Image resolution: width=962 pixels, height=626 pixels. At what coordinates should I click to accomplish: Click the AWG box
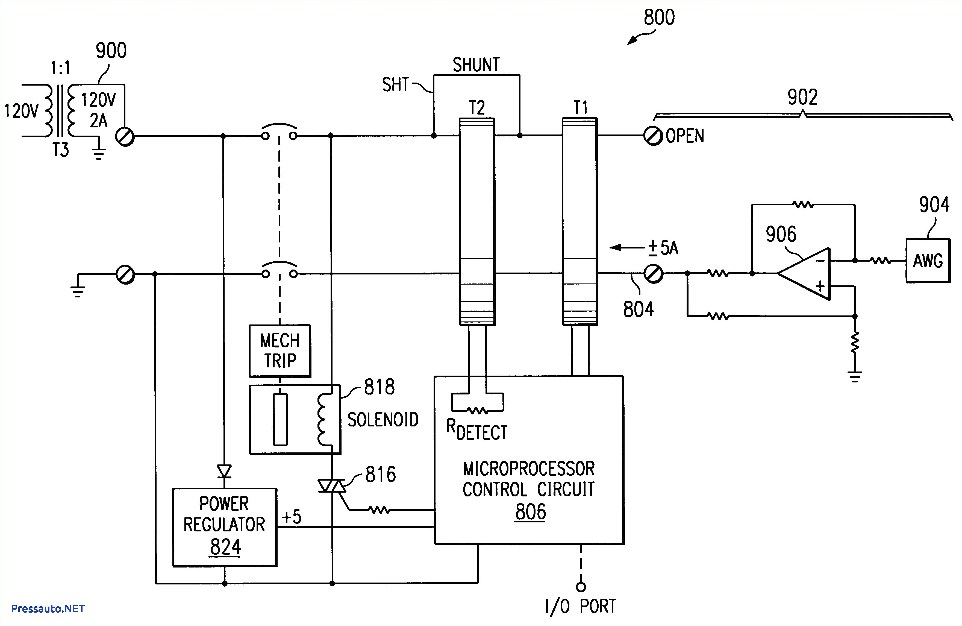[x=928, y=261]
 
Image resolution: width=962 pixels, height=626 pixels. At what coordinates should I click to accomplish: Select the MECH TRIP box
[x=280, y=351]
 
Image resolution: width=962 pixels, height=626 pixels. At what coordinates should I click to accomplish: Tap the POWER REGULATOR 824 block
[x=225, y=527]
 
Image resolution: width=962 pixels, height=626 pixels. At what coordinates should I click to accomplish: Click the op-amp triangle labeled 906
[x=804, y=274]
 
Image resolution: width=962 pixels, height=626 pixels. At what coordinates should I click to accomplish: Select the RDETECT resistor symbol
[x=477, y=411]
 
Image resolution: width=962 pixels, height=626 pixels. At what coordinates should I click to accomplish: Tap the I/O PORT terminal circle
[x=581, y=586]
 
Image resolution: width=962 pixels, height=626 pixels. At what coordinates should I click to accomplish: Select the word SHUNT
[x=476, y=65]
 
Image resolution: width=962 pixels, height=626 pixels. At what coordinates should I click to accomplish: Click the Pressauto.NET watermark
[x=48, y=609]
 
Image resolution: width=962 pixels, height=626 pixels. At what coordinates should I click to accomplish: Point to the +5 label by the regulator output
[x=292, y=517]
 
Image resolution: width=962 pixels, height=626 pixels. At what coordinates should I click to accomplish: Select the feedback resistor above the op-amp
[x=804, y=205]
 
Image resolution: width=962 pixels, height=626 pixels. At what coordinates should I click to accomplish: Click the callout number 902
[x=803, y=97]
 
